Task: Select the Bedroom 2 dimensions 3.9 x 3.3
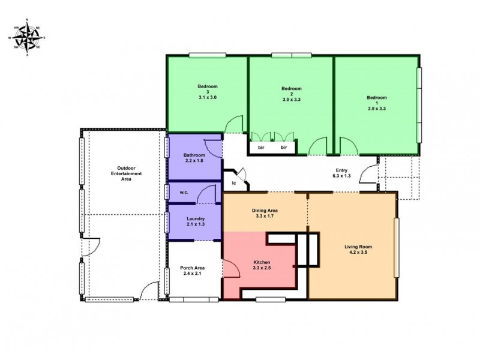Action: pyautogui.click(x=290, y=100)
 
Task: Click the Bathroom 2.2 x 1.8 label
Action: pyautogui.click(x=194, y=158)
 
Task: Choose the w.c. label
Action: pyautogui.click(x=184, y=193)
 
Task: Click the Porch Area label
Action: pyautogui.click(x=194, y=271)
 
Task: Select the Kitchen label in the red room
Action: pyautogui.click(x=261, y=266)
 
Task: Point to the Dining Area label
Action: pyautogui.click(x=264, y=214)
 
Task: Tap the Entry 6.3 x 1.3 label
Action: pyautogui.click(x=341, y=173)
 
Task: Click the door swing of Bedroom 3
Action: pyautogui.click(x=234, y=125)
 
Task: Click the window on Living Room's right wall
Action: pyautogui.click(x=396, y=248)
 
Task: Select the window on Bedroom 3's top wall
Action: pyautogui.click(x=207, y=56)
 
